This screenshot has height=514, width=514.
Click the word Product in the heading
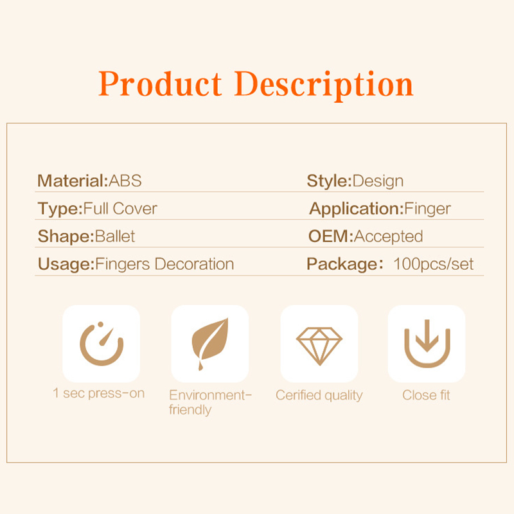tap(160, 84)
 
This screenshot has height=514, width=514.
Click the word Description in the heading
tap(324, 86)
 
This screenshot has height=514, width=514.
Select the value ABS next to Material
tap(125, 181)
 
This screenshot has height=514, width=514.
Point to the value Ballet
tap(115, 236)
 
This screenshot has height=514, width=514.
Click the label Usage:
tap(66, 264)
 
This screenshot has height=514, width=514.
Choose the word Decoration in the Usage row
tap(194, 264)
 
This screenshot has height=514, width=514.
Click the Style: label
tap(329, 181)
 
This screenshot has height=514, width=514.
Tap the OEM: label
tap(331, 236)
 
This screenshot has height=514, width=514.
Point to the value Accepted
tap(389, 236)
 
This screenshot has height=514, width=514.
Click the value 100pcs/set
tap(434, 264)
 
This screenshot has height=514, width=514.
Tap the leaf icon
tap(210, 344)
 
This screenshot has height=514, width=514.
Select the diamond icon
tap(319, 346)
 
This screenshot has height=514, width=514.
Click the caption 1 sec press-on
tap(99, 393)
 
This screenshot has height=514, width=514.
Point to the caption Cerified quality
tap(319, 395)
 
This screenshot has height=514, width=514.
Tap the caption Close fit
tap(426, 395)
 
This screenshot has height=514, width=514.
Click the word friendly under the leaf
tap(190, 410)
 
